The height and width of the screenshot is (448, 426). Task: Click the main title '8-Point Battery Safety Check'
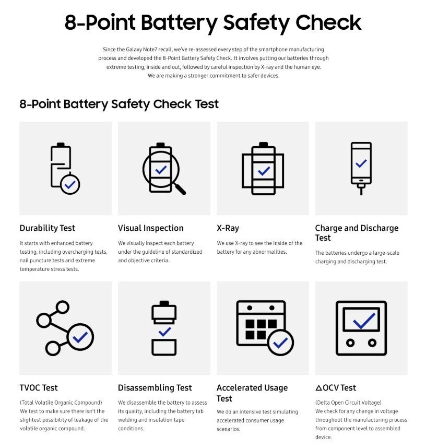click(213, 23)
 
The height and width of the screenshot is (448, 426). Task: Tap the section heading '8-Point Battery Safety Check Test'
click(119, 103)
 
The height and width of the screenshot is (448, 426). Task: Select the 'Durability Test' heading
click(48, 228)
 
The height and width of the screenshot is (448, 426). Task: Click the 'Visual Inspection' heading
click(151, 228)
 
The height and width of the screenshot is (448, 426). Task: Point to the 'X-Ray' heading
click(228, 228)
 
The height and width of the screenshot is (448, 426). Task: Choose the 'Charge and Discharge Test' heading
click(357, 233)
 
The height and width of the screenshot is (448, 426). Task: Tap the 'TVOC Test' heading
click(39, 388)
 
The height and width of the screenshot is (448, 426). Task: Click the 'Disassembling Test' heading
click(155, 388)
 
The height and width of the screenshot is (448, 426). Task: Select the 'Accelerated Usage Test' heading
click(252, 393)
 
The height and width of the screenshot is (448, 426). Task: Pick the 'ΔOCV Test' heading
click(336, 388)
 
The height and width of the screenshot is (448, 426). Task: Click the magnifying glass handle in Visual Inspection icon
click(180, 188)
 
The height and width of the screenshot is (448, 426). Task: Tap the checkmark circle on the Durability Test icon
click(70, 184)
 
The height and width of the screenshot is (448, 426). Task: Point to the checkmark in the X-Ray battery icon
click(264, 171)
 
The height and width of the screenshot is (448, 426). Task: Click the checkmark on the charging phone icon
click(361, 163)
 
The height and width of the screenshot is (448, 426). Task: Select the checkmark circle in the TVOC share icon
click(80, 337)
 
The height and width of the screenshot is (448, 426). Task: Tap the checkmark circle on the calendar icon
click(280, 343)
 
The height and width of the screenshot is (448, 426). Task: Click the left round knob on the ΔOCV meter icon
click(350, 343)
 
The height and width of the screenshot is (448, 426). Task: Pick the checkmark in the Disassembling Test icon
click(164, 331)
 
